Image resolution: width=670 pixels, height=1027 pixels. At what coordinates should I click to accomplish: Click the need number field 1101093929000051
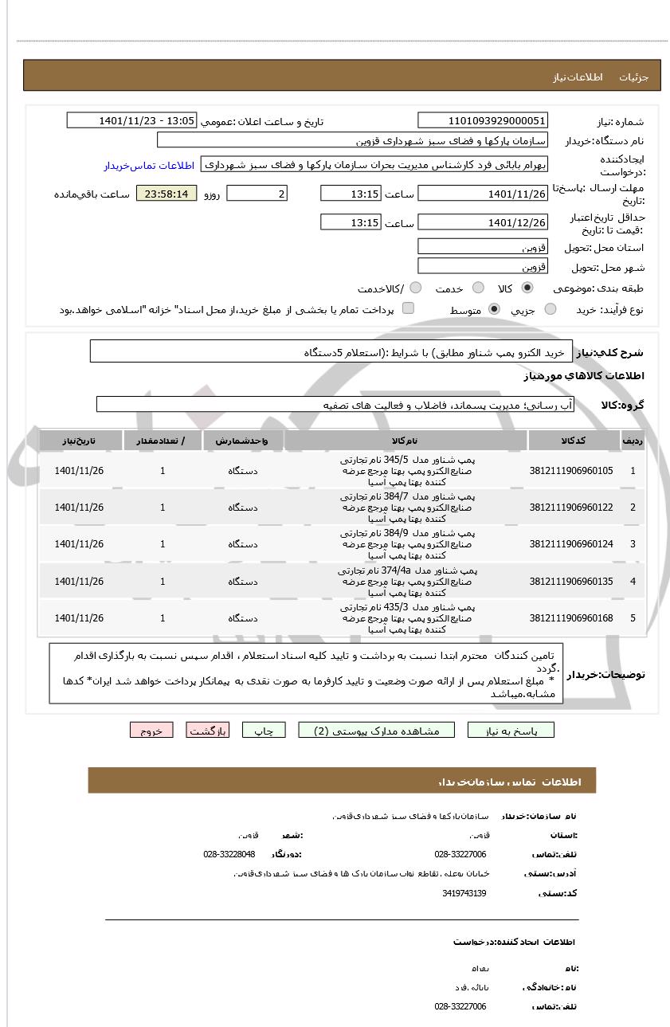pyautogui.click(x=483, y=120)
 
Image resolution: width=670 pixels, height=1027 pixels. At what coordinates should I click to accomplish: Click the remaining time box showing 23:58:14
pyautogui.click(x=167, y=194)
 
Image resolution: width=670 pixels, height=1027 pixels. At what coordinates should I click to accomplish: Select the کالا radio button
pyautogui.click(x=527, y=288)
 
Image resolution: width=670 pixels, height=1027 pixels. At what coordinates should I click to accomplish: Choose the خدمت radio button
pyautogui.click(x=478, y=288)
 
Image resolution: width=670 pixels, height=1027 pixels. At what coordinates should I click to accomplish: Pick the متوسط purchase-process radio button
pyautogui.click(x=494, y=309)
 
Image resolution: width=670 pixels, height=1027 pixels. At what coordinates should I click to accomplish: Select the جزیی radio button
pyautogui.click(x=550, y=309)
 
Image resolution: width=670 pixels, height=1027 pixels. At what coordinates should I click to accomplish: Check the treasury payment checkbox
pyautogui.click(x=408, y=308)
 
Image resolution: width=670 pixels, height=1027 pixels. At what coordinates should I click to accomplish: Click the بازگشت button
pyautogui.click(x=208, y=730)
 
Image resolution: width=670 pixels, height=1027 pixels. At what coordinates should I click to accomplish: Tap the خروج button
pyautogui.click(x=151, y=730)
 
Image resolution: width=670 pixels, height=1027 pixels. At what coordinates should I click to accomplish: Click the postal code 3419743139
pyautogui.click(x=464, y=893)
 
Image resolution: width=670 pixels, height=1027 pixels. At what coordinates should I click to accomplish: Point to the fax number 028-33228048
pyautogui.click(x=229, y=854)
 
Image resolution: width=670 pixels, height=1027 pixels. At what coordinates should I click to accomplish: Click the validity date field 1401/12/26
pyautogui.click(x=483, y=222)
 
